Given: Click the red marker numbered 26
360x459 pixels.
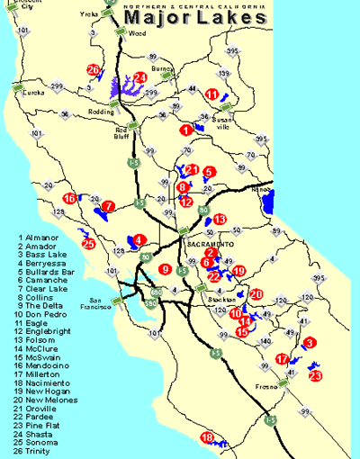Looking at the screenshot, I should click(x=94, y=69).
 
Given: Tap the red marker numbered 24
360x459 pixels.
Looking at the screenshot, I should click(x=140, y=77).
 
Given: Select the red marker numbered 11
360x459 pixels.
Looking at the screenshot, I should click(x=212, y=94).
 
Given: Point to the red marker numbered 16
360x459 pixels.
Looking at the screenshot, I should click(x=69, y=198).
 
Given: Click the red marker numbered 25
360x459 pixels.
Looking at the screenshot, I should click(x=88, y=243).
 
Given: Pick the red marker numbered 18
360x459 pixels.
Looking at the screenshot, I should click(x=207, y=437).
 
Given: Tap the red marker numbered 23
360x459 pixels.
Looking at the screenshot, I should click(x=314, y=375).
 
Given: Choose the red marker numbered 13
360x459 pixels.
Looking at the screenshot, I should click(x=220, y=219).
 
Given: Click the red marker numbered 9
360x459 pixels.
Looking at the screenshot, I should click(x=165, y=268).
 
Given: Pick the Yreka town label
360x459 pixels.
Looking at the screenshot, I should click(x=89, y=15).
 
